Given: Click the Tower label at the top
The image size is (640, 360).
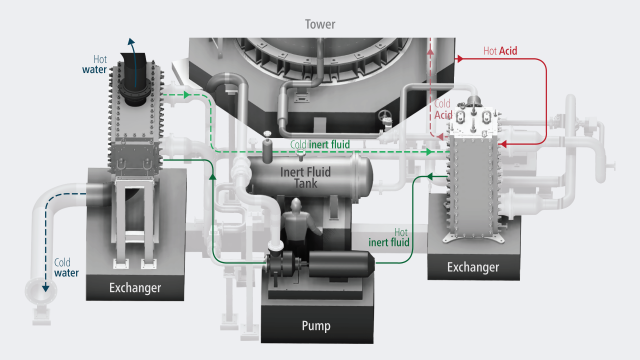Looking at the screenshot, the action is coord(320,24).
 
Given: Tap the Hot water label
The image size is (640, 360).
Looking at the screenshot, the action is coord(95,64).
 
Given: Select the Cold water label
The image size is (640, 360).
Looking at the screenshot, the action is coord(66,268).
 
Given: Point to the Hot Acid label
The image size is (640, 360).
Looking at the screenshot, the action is coord(500,51).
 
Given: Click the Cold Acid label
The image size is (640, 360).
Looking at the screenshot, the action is coord(443,109).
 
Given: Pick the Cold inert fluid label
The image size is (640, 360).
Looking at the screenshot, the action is coord(320,144).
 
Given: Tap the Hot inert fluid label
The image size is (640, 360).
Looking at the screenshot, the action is coord(389,238).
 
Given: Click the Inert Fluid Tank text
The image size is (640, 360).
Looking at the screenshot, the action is coord(305,178).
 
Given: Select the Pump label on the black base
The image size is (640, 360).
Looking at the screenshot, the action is coord(316,326).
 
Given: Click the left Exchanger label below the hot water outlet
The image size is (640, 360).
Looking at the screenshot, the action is coord(135,288).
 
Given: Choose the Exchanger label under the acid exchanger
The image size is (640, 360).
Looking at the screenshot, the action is coord(473,267).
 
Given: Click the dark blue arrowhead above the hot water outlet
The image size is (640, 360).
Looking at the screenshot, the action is coord(131,42).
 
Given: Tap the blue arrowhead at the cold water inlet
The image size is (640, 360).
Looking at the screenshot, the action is coord(45,288).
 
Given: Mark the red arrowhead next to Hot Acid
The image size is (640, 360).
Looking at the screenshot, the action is coord(459,59).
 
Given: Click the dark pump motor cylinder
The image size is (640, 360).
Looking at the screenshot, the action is coord(341,264).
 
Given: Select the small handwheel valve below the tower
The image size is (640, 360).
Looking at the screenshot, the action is coord(385,118).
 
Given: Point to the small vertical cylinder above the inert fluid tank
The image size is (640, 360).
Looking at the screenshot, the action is coord(267,148).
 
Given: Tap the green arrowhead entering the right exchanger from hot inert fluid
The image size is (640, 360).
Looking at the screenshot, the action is coord(429,176).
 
